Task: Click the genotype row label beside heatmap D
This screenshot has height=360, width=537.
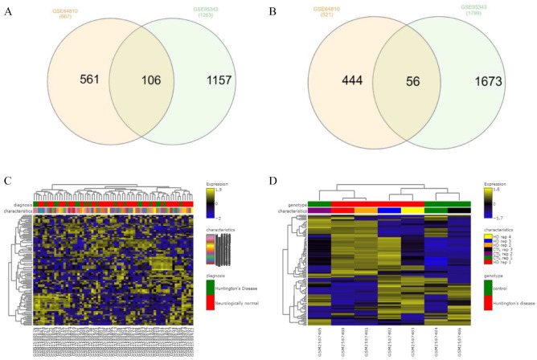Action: tap(293, 204)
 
